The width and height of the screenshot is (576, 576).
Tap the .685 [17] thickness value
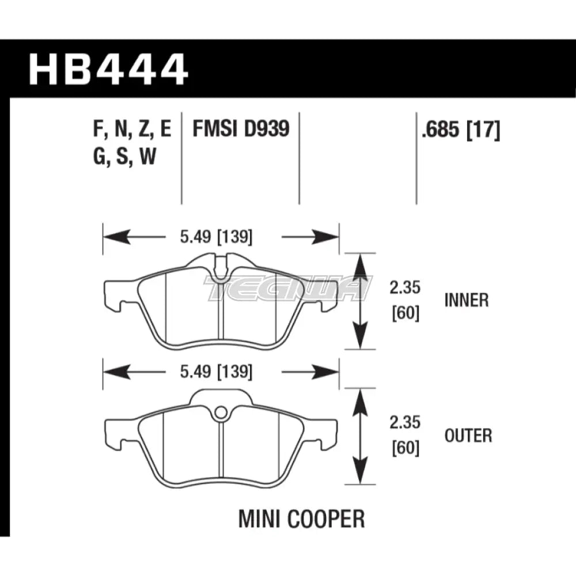(461, 131)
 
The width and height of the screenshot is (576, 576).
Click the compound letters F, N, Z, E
(131, 131)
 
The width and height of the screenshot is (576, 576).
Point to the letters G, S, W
(123, 157)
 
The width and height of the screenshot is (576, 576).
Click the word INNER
(467, 300)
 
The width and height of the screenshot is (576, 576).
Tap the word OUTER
(468, 435)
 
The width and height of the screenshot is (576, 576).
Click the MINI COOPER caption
(301, 519)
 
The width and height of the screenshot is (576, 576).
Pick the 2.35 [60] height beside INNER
(406, 300)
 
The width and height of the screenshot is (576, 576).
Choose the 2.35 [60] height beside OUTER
(406, 435)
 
